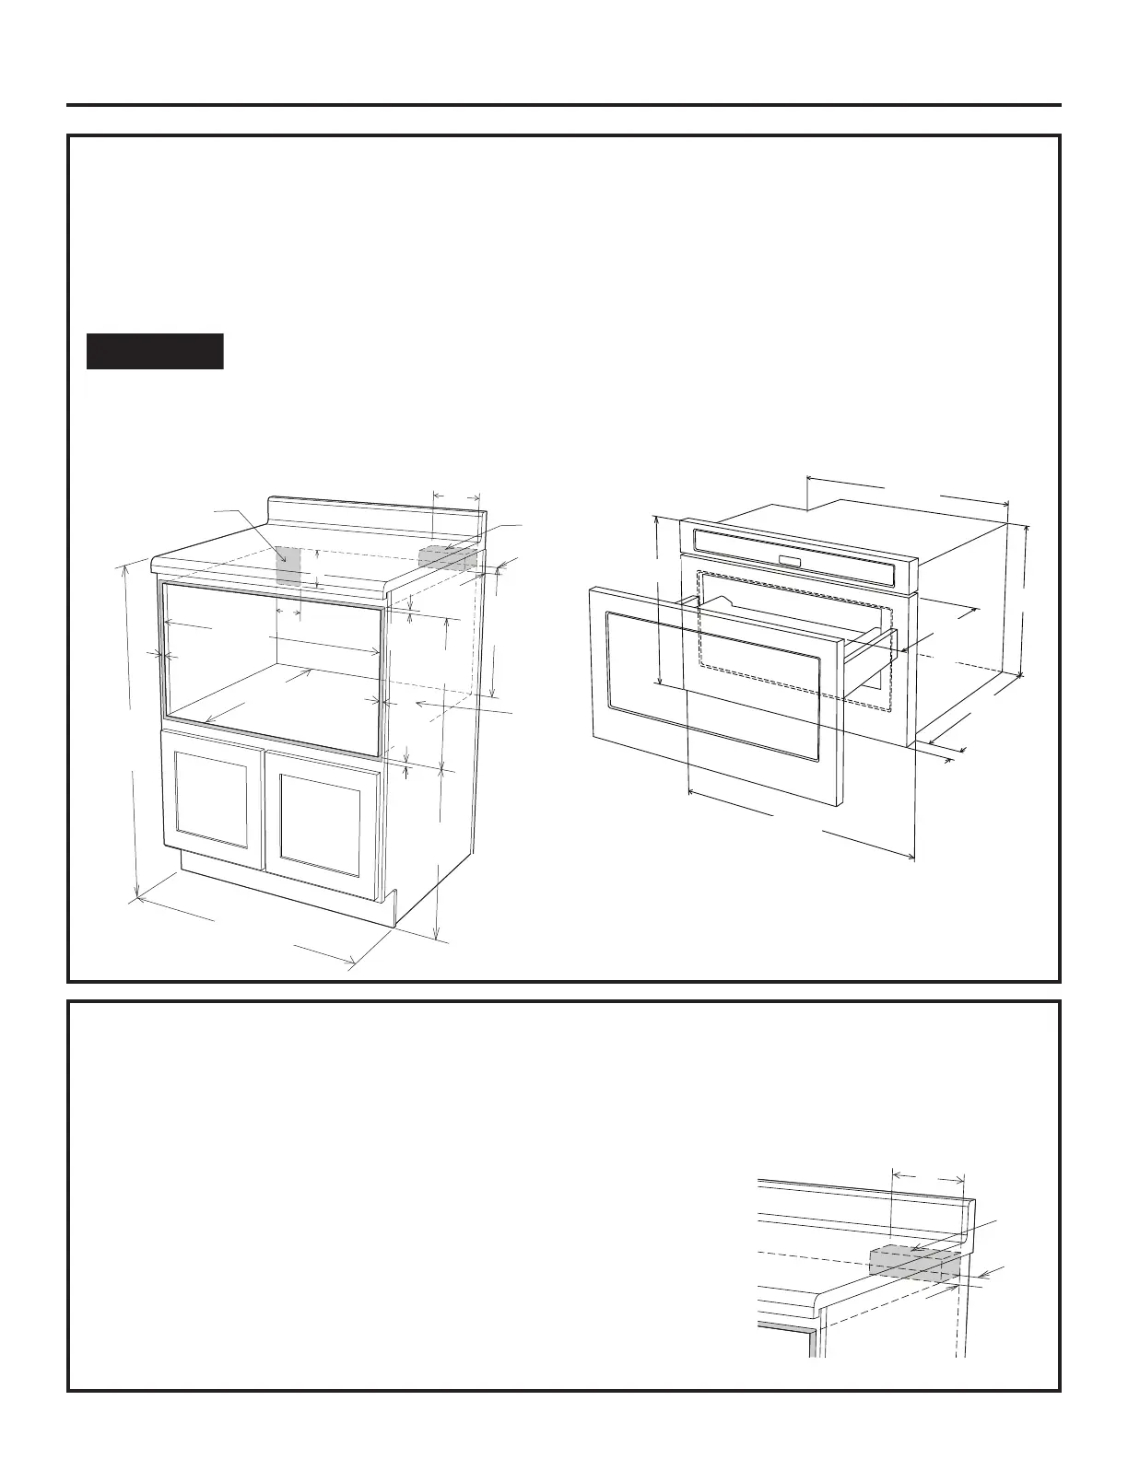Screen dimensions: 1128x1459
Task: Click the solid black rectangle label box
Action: point(155,351)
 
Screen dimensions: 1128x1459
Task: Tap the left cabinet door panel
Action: point(212,800)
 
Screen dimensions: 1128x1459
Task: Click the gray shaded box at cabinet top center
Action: point(288,566)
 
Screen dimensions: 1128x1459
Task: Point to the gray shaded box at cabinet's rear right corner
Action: point(447,558)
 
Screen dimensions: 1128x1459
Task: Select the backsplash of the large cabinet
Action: point(373,515)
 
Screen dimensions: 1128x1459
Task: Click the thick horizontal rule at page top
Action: point(564,105)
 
